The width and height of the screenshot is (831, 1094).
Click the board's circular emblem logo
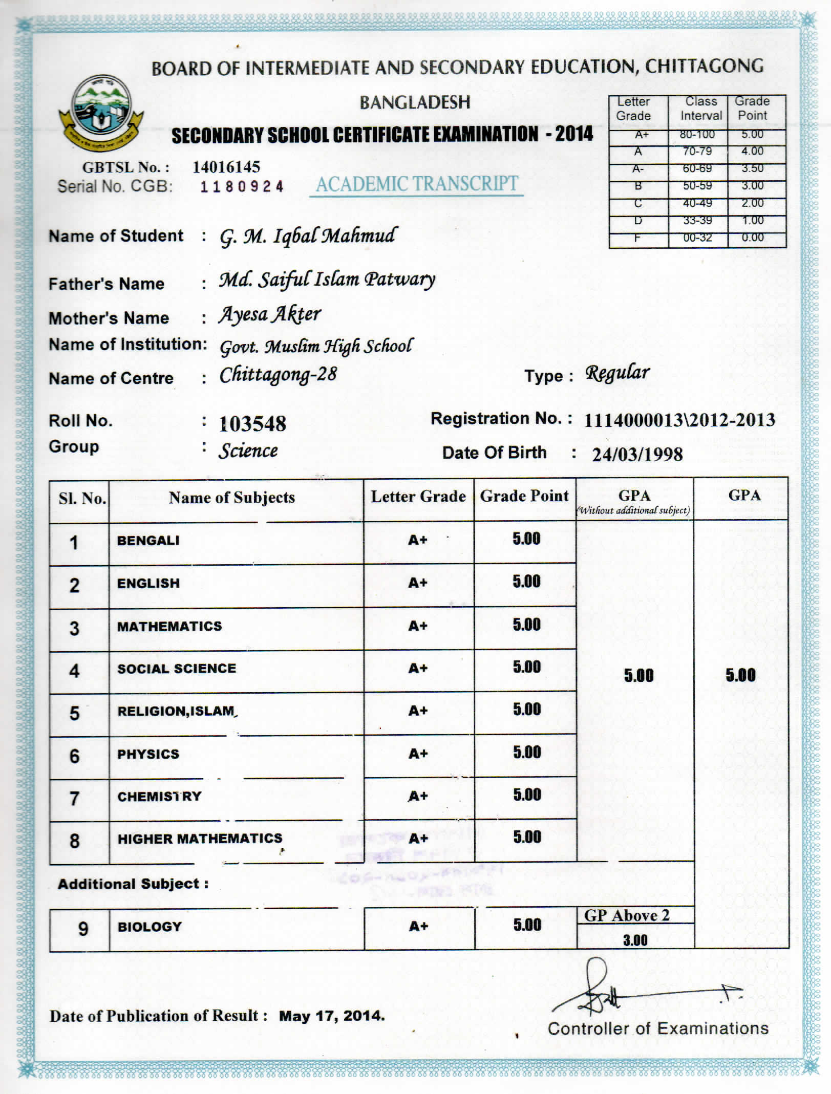point(101,112)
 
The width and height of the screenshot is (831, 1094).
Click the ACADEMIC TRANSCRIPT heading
point(416,184)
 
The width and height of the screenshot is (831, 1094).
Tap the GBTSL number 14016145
point(226,167)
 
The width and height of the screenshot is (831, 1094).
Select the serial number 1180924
point(242,187)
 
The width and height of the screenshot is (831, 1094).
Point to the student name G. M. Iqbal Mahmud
point(308,236)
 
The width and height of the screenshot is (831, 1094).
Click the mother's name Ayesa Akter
point(270,314)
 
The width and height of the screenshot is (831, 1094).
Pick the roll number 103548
point(252,424)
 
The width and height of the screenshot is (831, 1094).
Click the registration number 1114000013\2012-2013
point(679,420)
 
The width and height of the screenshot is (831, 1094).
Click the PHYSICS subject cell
point(148,754)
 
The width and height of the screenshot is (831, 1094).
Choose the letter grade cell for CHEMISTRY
point(418,797)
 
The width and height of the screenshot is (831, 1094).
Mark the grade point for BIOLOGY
point(527,925)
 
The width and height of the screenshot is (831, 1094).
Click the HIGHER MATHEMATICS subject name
point(200,839)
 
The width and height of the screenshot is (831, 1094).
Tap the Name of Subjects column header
point(232,498)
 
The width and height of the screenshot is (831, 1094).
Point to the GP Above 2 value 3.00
point(635,940)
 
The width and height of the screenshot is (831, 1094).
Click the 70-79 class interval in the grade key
point(697,152)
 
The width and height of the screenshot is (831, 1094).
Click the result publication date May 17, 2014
point(332,1016)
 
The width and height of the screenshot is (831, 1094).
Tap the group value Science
point(248,451)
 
